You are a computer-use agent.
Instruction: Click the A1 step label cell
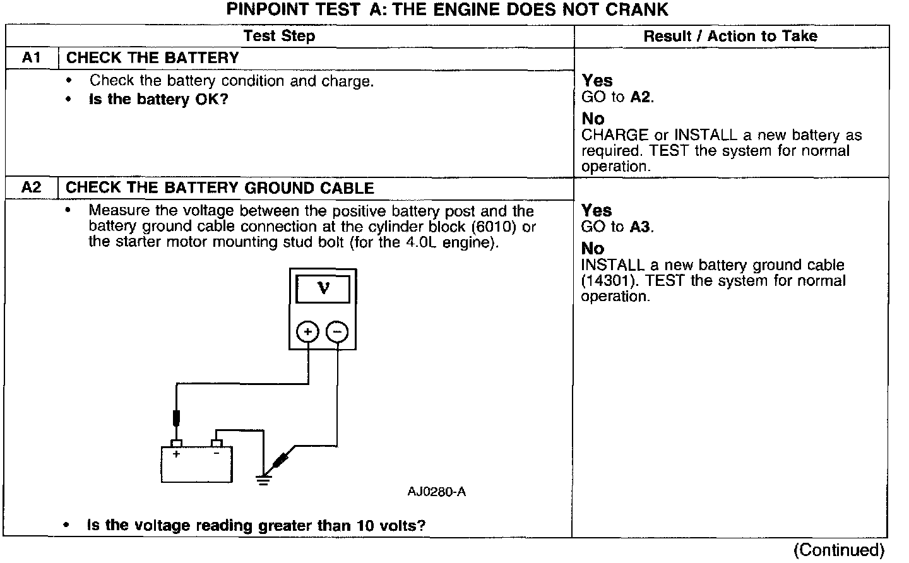(x=32, y=58)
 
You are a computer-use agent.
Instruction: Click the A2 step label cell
(x=32, y=188)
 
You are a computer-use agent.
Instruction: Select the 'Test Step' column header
(x=279, y=36)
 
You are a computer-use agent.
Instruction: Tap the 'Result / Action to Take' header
(x=730, y=36)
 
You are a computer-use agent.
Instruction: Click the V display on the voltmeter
(x=323, y=289)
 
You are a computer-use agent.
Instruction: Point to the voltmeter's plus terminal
(x=307, y=332)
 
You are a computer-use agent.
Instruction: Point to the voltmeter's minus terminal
(x=338, y=332)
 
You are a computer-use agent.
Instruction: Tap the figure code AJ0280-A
(x=436, y=492)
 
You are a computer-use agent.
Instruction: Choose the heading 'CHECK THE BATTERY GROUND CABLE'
(x=220, y=188)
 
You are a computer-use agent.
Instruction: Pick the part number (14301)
(x=607, y=281)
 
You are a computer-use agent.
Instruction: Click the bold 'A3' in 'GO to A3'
(x=639, y=227)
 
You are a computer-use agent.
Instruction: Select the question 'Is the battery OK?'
(x=158, y=100)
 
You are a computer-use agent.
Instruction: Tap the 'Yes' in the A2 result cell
(x=597, y=210)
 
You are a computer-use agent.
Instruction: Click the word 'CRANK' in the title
(x=638, y=9)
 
